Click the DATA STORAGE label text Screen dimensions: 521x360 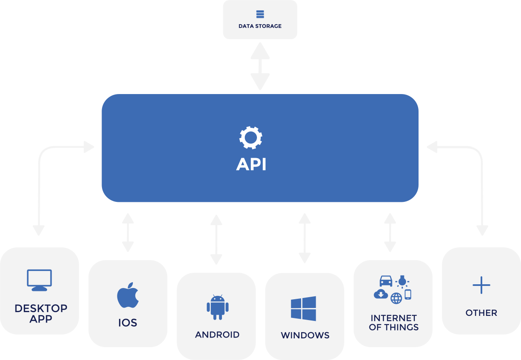[x=260, y=26]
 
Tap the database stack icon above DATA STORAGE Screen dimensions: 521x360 [x=260, y=14]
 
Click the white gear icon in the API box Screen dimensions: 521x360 [x=251, y=138]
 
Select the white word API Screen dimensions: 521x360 [x=251, y=164]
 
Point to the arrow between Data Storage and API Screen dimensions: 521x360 [x=260, y=66]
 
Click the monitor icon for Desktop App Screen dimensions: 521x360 [x=39, y=280]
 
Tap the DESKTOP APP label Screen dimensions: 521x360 [x=41, y=313]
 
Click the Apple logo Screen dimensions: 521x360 [x=128, y=295]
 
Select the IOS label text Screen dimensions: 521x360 [x=128, y=323]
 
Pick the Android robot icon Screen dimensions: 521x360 [x=217, y=307]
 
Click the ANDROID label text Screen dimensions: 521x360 [x=217, y=335]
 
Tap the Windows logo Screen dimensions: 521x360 [x=303, y=309]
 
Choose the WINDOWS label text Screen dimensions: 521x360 [x=305, y=335]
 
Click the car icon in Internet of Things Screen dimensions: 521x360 [x=386, y=281]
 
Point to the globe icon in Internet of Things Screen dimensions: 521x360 [x=396, y=298]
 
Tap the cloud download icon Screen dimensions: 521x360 [x=381, y=294]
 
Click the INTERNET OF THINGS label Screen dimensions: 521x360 [x=394, y=323]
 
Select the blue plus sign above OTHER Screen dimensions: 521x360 [x=481, y=285]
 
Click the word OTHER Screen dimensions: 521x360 [x=481, y=313]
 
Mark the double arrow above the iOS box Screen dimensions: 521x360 [x=128, y=232]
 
